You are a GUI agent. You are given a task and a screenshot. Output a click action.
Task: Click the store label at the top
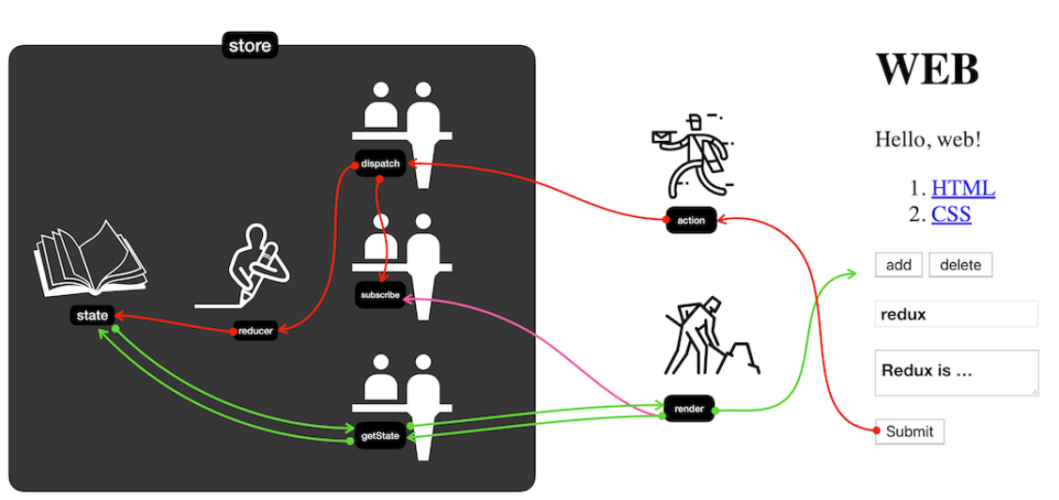250,46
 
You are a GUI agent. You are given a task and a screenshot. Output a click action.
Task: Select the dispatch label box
380,164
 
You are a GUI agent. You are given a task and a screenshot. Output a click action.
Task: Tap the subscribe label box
379,295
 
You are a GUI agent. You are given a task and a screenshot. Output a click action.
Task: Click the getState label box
380,435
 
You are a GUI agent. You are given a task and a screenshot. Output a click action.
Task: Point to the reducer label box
255,331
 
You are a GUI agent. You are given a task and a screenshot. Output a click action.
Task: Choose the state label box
92,316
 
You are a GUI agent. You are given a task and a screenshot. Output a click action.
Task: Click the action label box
691,221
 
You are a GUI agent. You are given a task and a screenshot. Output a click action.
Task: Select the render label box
689,409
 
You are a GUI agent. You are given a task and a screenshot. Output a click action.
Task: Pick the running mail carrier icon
691,155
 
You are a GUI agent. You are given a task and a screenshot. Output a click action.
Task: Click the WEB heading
927,70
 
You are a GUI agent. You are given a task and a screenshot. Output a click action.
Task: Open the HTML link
962,188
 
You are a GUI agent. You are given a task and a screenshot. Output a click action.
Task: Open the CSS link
950,214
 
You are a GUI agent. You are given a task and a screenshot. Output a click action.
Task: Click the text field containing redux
956,314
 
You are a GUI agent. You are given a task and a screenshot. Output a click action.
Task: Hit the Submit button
909,431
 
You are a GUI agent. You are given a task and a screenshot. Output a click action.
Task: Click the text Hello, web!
928,140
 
